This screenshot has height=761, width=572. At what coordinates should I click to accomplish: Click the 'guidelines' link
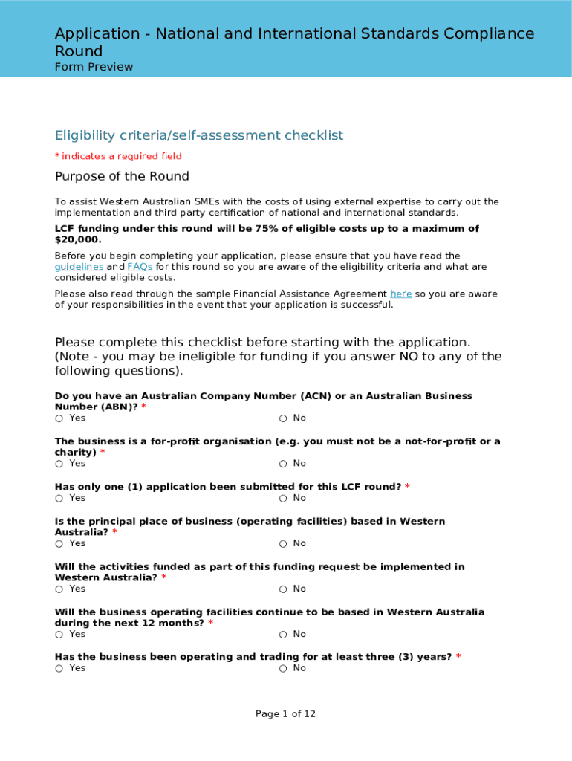(79, 267)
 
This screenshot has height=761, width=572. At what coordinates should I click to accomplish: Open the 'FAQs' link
(140, 267)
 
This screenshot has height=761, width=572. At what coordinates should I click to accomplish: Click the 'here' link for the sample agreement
(400, 294)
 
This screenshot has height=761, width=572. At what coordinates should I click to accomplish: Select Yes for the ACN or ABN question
(59, 418)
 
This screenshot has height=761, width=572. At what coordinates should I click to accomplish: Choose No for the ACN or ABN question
(283, 418)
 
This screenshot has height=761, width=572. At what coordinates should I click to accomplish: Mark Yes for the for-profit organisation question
(59, 464)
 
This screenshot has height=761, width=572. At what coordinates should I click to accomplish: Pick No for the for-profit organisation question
(283, 464)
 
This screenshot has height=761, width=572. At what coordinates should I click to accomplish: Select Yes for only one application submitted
(59, 498)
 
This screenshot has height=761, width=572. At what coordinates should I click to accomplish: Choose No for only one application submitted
(283, 498)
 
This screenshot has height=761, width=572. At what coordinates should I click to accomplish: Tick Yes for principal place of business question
(59, 544)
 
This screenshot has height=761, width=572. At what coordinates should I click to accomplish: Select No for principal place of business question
(283, 544)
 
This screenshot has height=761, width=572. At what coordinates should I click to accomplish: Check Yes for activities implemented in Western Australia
(59, 589)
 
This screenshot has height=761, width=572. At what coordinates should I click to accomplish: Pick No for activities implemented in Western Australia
(283, 589)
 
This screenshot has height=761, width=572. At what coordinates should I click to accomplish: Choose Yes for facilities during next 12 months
(59, 635)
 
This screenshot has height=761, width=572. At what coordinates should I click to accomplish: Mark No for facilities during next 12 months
(283, 635)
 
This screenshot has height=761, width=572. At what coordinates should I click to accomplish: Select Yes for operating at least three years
(59, 669)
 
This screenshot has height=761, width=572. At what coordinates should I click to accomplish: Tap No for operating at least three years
(283, 669)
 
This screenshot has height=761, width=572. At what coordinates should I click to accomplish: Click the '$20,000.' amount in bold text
(78, 240)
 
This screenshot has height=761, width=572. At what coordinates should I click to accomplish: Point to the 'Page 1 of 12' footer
(285, 714)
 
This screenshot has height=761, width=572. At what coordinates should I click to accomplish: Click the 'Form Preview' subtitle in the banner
(94, 67)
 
